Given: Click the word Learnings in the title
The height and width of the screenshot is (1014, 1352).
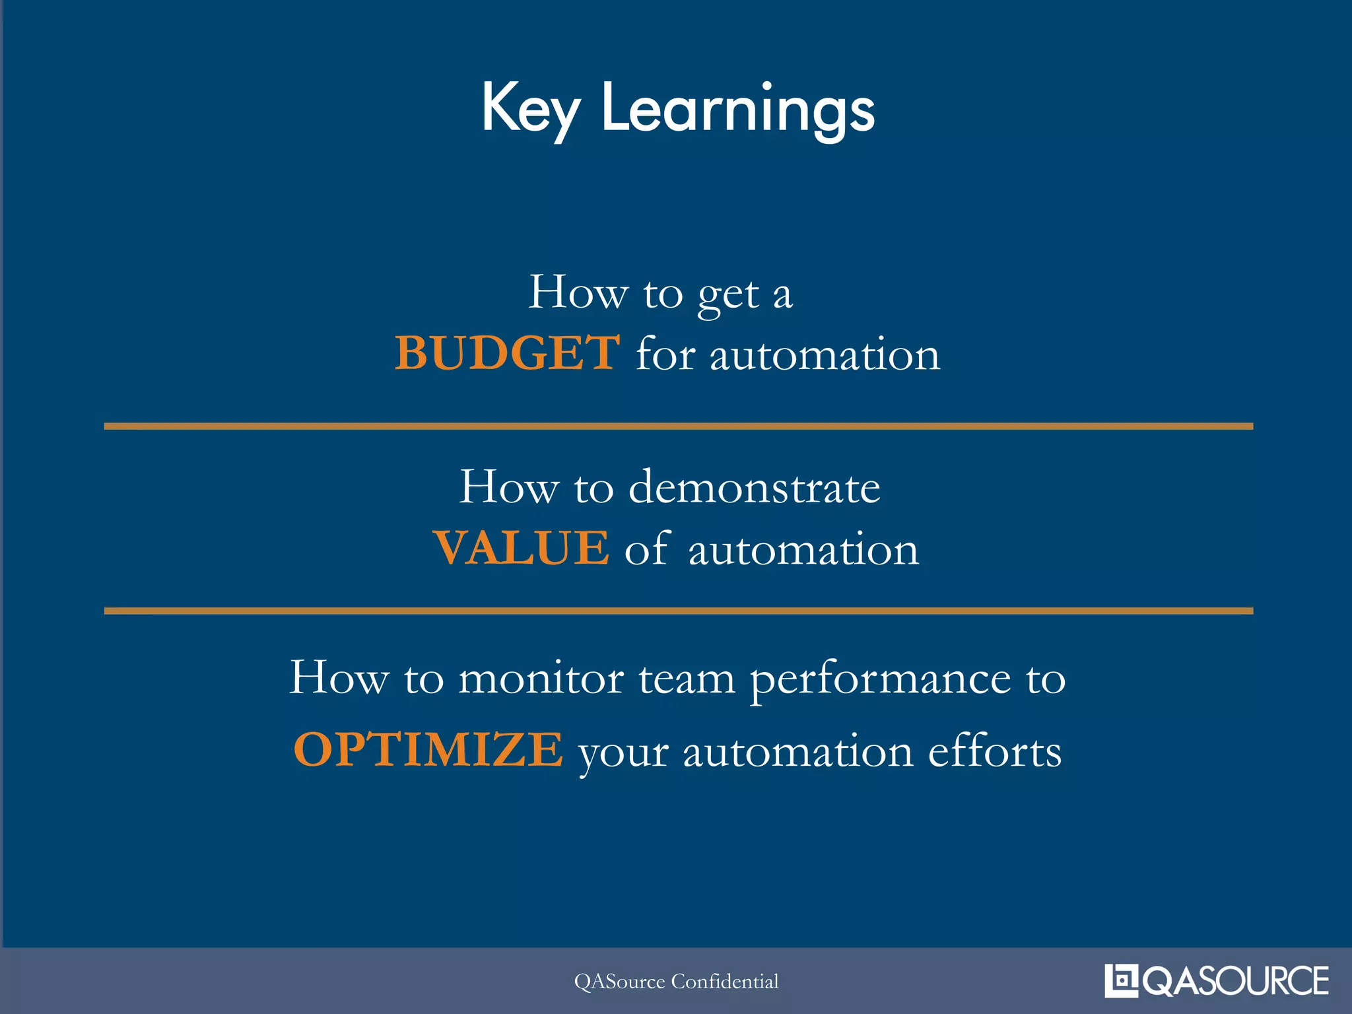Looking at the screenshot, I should click(738, 109).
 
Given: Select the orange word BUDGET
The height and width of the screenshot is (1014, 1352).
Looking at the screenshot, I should click(507, 353).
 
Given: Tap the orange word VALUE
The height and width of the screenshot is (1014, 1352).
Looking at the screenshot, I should click(521, 548).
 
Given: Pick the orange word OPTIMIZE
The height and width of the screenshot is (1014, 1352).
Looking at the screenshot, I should click(428, 750).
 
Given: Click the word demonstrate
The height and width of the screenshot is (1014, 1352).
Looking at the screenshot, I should click(754, 488).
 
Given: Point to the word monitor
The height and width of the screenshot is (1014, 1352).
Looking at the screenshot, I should click(541, 679).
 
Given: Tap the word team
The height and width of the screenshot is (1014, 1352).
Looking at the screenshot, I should click(687, 679).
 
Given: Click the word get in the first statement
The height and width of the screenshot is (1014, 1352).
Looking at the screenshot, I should click(728, 294).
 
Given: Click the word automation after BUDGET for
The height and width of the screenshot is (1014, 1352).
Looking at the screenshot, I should click(825, 355).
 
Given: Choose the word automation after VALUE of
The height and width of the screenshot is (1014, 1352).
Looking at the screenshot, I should click(803, 549).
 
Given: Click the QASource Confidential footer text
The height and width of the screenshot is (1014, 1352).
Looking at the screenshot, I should click(676, 982).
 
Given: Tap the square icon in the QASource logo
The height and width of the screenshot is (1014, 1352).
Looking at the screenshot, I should click(1121, 980).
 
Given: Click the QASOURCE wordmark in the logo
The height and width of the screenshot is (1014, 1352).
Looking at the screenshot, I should click(1235, 981).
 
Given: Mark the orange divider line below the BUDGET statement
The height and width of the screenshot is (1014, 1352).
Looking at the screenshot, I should click(678, 426).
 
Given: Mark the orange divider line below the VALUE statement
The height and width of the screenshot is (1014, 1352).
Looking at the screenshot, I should click(678, 611).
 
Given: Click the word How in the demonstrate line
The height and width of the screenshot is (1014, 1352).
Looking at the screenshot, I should click(508, 488).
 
